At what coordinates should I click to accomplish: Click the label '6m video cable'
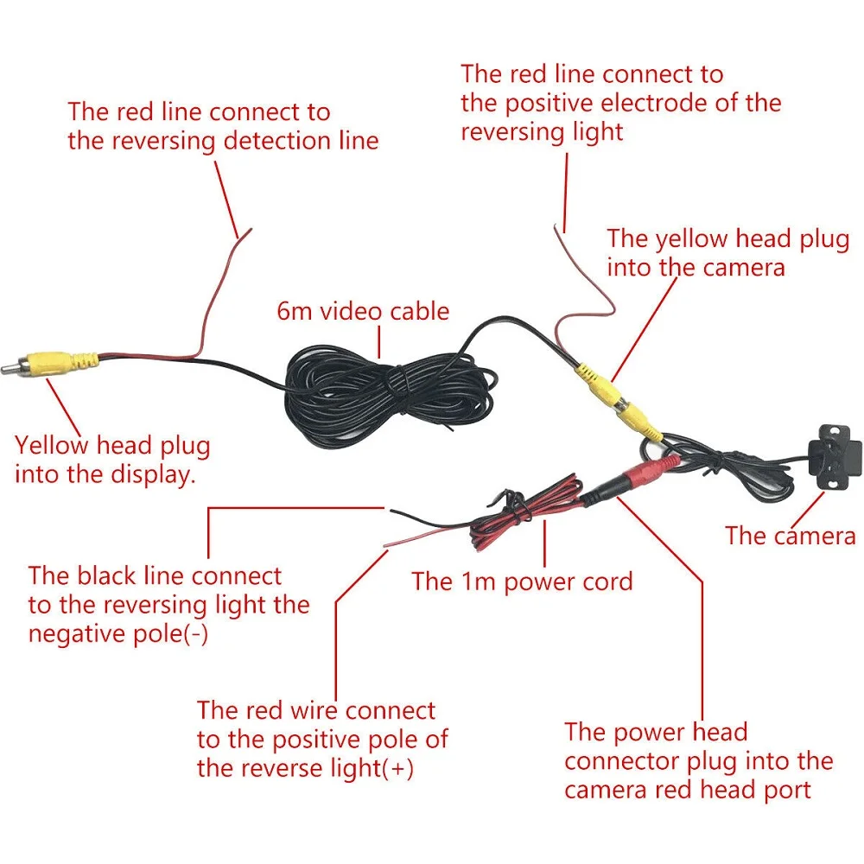tap(363, 311)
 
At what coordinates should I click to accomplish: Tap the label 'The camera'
tap(791, 536)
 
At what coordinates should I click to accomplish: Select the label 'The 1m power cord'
tap(522, 581)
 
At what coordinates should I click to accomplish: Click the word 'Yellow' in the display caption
tap(52, 446)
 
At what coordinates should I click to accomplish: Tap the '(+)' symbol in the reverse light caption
tap(397, 768)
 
